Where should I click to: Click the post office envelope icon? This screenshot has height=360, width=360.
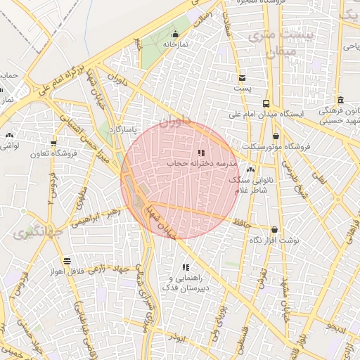pos(242,78)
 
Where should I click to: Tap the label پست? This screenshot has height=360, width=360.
pos(242,90)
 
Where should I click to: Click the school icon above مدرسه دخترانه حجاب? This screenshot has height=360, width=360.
pos(201,152)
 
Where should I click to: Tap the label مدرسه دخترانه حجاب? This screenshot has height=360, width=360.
pos(202,163)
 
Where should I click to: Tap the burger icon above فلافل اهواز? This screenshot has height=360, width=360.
pos(66,260)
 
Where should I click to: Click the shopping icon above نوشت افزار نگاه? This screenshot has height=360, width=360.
pos(274,229)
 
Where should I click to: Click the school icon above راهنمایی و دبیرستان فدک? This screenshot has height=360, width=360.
pos(186,267)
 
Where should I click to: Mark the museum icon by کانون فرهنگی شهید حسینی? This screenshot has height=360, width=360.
pos(340,100)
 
